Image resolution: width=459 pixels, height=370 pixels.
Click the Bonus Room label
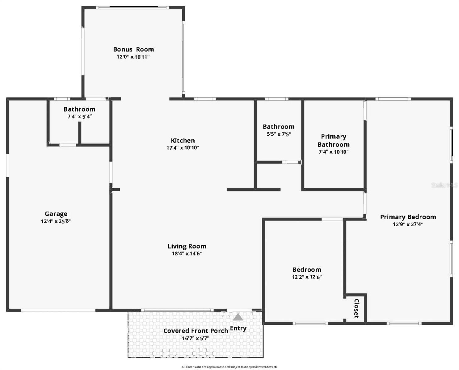pos(133,49)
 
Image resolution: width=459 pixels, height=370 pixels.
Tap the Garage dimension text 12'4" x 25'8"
pos(56,221)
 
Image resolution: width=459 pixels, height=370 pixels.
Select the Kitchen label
pos(183,141)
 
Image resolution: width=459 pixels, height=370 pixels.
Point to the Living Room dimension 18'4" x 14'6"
pos(187,253)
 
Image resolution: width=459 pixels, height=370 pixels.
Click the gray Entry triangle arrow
pos(238,317)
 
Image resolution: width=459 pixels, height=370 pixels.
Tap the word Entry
pos(238,328)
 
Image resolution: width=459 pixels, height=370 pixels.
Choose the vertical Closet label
pos(356,308)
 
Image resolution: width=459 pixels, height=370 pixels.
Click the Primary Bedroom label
pos(408,217)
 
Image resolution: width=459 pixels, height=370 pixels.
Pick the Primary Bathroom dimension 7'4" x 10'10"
pos(333,152)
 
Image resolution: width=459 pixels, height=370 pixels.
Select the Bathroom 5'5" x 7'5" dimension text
pos(279,134)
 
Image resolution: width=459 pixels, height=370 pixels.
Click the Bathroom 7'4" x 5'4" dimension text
pos(79,117)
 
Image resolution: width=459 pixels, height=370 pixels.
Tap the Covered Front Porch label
pos(196,331)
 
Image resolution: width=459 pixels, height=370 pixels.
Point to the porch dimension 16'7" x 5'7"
pos(196,338)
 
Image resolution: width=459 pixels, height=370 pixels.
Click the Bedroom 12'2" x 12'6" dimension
pos(307,277)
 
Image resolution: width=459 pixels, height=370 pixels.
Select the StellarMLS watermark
pos(444,185)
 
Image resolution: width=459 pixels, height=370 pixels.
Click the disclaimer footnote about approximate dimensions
pos(229,367)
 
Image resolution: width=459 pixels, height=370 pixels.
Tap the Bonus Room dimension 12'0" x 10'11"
pos(133,57)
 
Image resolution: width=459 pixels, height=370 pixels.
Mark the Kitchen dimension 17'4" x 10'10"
pos(183,148)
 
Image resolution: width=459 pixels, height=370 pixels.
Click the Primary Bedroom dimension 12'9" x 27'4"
pos(408,224)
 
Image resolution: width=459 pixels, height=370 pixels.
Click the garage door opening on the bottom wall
pos(58,310)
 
